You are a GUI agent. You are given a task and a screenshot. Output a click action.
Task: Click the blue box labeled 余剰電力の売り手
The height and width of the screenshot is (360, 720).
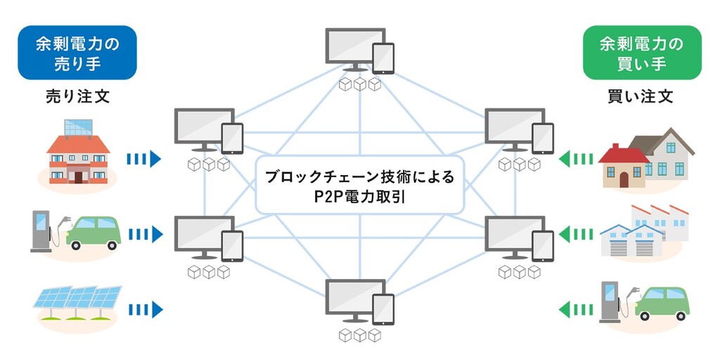(x=77, y=53)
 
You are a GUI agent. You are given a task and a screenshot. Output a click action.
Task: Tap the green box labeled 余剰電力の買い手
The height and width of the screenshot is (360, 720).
(x=642, y=53)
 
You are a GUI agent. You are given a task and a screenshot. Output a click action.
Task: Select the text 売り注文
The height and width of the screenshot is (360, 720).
(x=77, y=96)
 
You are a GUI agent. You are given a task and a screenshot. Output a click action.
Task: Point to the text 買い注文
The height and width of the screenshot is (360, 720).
(x=641, y=96)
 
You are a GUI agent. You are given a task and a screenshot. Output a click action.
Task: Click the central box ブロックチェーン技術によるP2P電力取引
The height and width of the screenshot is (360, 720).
(x=359, y=186)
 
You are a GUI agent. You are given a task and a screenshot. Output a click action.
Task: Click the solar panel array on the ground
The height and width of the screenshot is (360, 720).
(x=78, y=303)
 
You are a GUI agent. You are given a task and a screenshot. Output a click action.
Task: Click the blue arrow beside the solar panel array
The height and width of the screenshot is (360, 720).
(x=145, y=309)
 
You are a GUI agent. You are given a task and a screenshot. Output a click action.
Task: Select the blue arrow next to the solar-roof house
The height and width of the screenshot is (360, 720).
(x=145, y=160)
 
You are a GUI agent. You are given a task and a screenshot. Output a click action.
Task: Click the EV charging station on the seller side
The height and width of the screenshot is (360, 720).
(x=41, y=229)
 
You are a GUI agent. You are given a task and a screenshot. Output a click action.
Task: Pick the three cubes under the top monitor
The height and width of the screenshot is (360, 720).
(x=359, y=85)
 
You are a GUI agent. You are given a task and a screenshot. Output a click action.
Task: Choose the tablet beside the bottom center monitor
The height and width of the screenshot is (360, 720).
(x=383, y=309)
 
